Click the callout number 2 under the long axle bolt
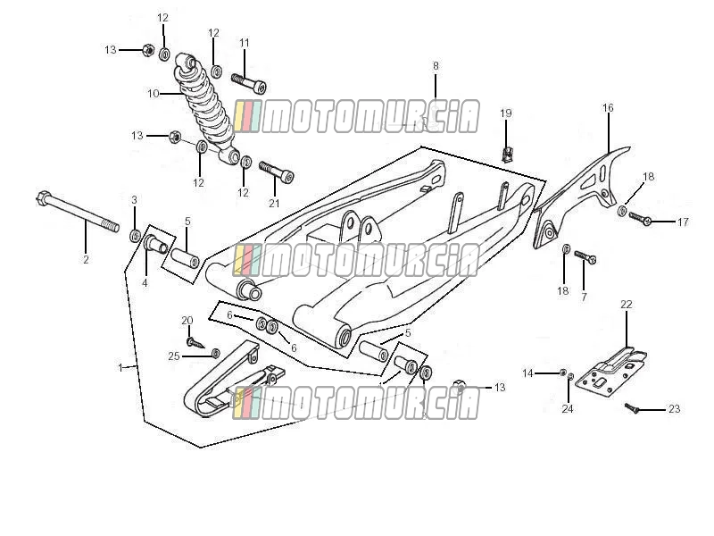(x=86, y=260)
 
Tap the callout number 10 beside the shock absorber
(x=154, y=94)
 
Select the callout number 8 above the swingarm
(x=436, y=65)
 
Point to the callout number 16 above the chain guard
(x=608, y=108)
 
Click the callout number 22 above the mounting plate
(x=627, y=304)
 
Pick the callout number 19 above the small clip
(x=506, y=113)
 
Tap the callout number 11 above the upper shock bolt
(x=245, y=43)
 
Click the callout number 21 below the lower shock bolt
(x=274, y=204)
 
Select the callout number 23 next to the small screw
(x=674, y=409)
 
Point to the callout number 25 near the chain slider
(x=174, y=356)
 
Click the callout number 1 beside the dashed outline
(x=120, y=367)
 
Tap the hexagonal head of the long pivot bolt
(x=42, y=198)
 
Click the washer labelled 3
(x=135, y=236)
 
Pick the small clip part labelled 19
(x=507, y=154)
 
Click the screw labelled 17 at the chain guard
(x=641, y=218)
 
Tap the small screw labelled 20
(x=195, y=342)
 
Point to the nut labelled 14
(x=563, y=373)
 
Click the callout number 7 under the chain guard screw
(x=584, y=297)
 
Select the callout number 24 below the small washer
(x=567, y=409)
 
